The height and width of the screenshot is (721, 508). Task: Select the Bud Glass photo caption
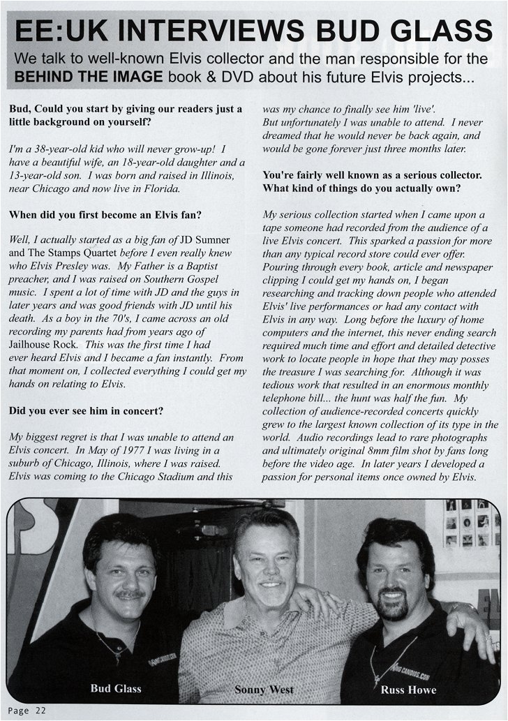click(115, 689)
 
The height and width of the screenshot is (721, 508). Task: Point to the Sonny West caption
click(264, 690)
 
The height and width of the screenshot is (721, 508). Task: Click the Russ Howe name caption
click(408, 690)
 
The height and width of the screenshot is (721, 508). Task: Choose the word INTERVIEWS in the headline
click(213, 32)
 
